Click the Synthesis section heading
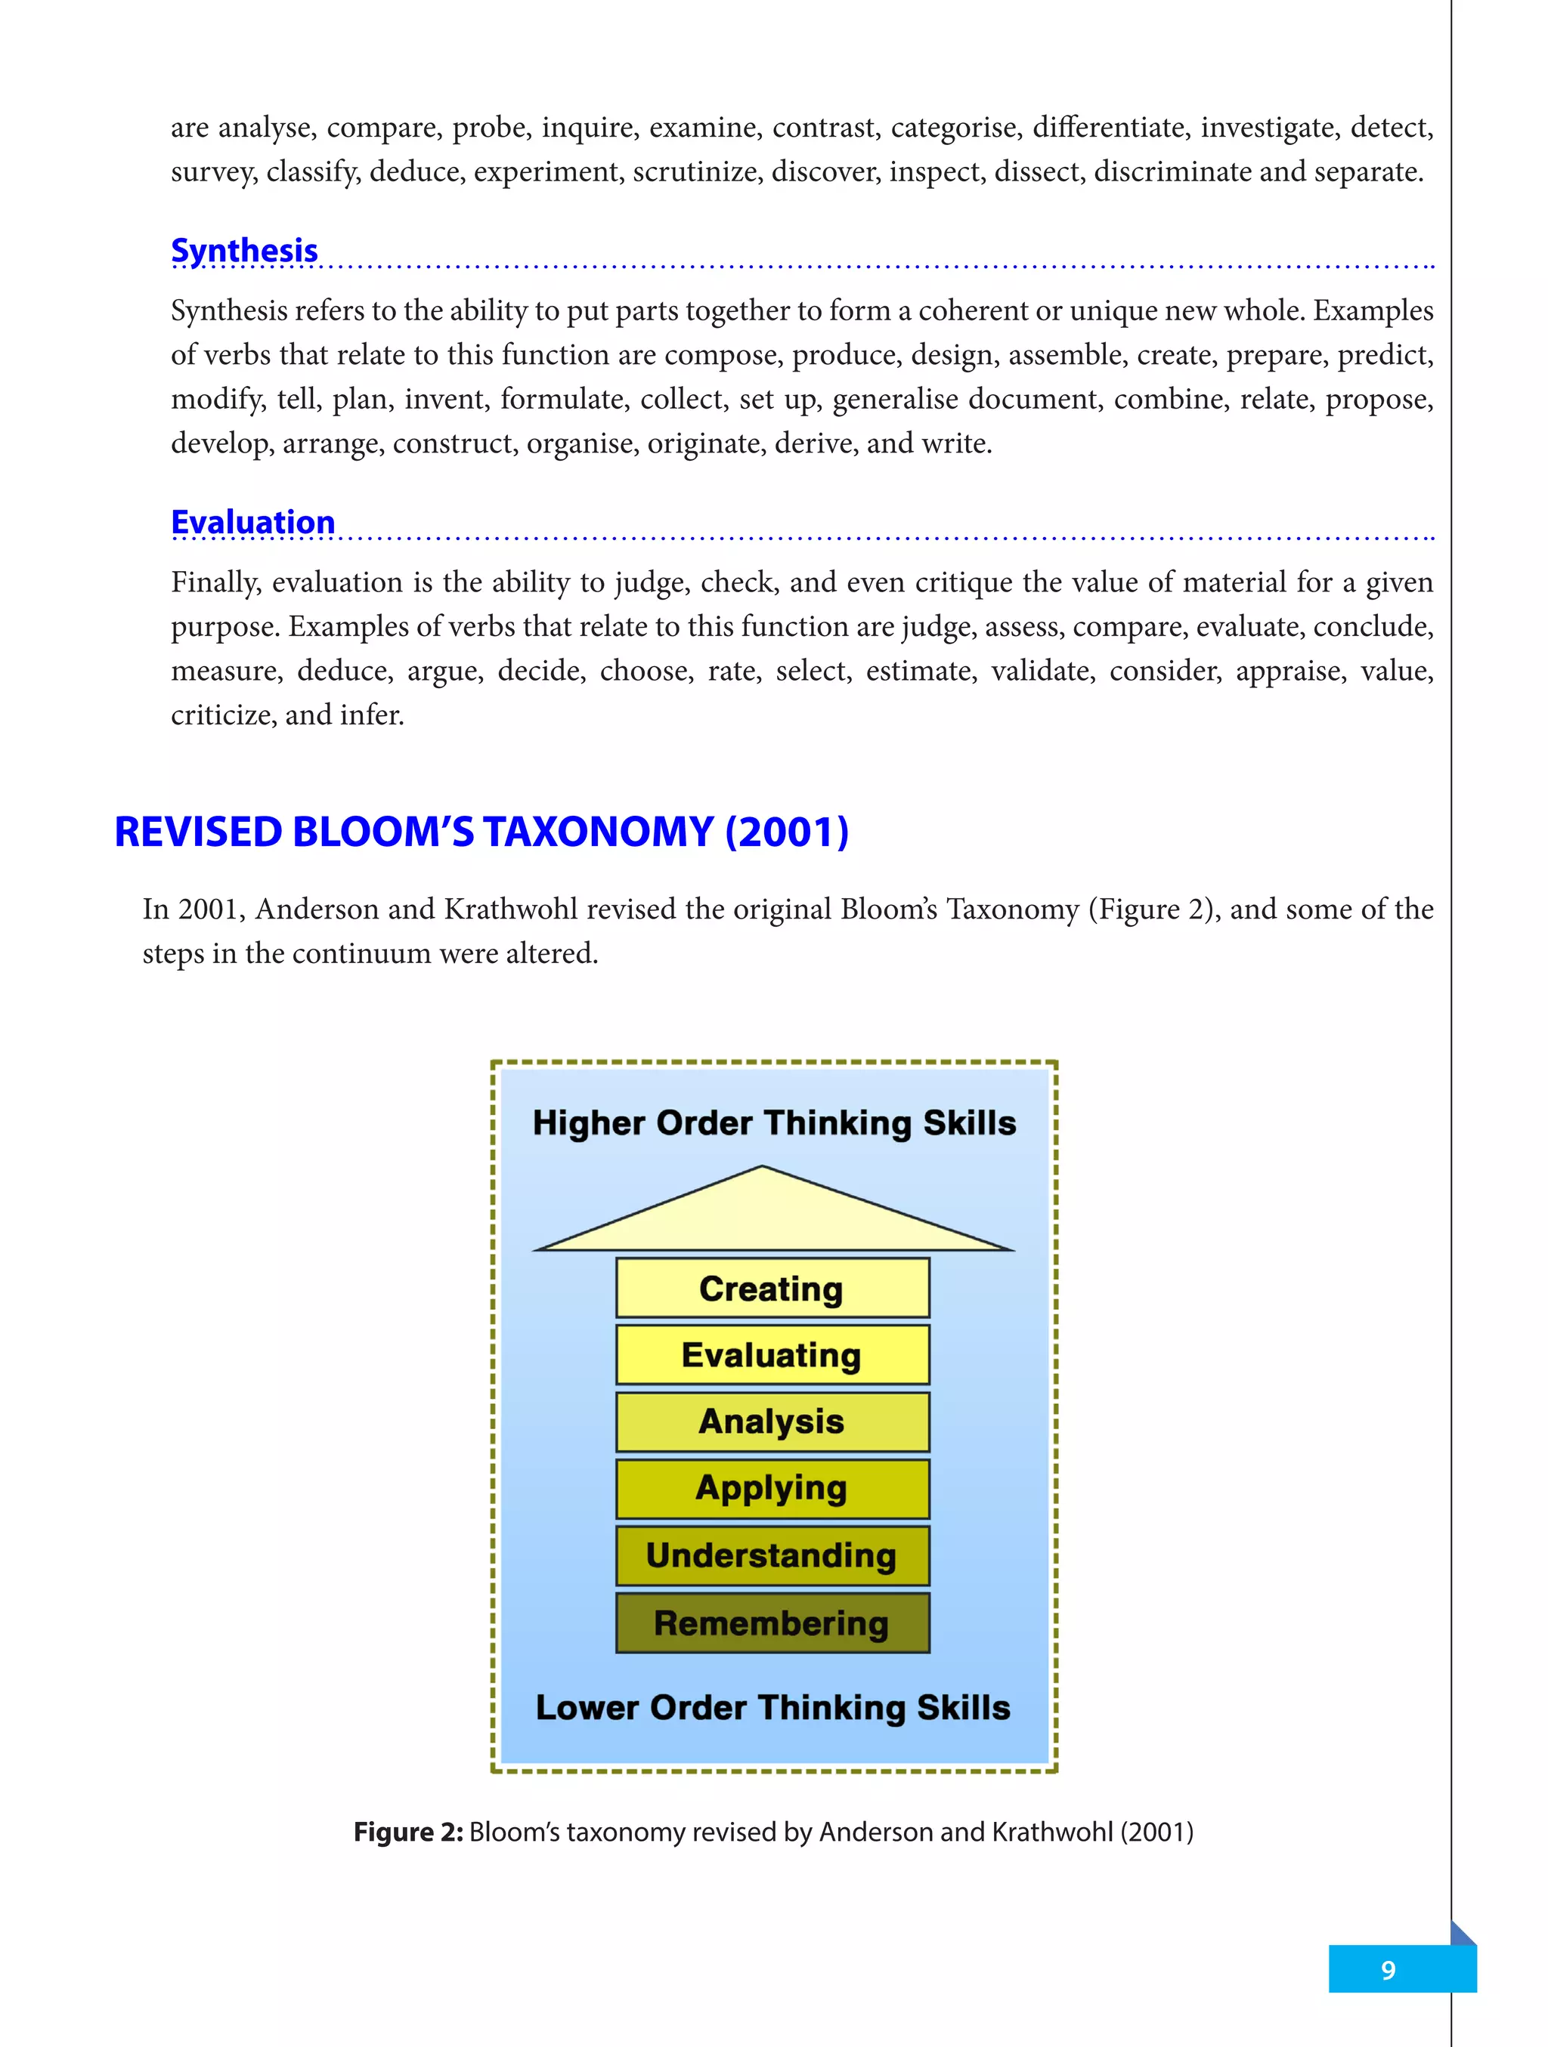244,251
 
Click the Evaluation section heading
252,522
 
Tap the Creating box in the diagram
772,1287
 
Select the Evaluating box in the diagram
772,1355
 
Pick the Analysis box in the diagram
772,1422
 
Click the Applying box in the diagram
772,1488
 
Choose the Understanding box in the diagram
772,1555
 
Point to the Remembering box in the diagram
772,1623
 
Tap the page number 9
1388,1969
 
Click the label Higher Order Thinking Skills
774,1122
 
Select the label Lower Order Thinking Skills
773,1707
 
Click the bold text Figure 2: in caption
408,1832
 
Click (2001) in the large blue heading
787,831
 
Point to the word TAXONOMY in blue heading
598,831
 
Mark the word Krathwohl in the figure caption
1053,1832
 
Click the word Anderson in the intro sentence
317,909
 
